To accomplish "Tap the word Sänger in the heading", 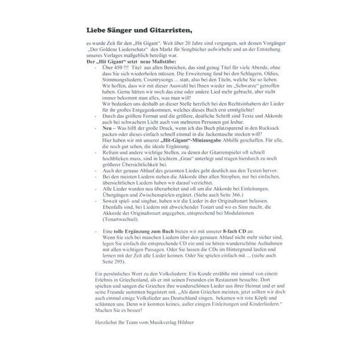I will pos(118,29).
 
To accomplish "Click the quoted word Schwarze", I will pos(237,92).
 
